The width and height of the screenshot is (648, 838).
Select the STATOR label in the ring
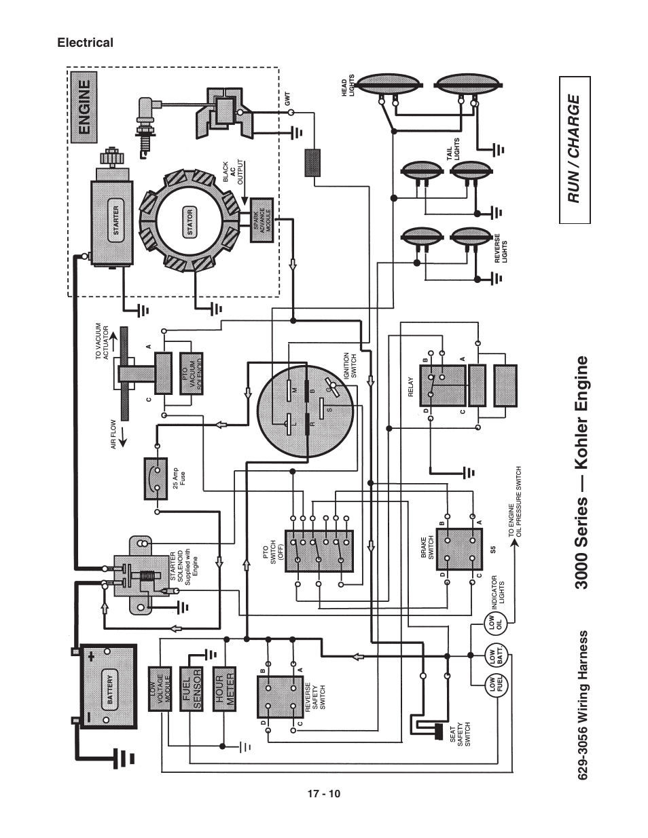pyautogui.click(x=190, y=222)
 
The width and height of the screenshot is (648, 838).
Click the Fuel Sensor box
pyautogui.click(x=192, y=689)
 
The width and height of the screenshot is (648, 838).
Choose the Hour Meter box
pyautogui.click(x=224, y=688)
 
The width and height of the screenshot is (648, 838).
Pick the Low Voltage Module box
pyautogui.click(x=160, y=688)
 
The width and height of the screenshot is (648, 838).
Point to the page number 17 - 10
pyautogui.click(x=323, y=794)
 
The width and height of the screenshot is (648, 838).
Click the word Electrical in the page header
pyautogui.click(x=85, y=43)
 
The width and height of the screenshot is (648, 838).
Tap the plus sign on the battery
pyautogui.click(x=90, y=656)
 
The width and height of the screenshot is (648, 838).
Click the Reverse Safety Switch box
pyautogui.click(x=280, y=696)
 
